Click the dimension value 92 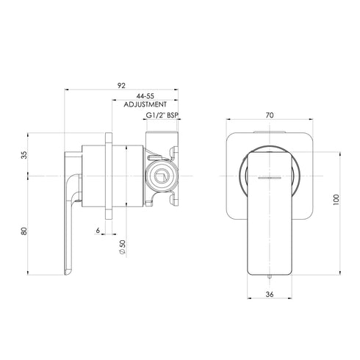(121, 84)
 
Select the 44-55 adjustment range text (144, 96)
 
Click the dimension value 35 (24, 154)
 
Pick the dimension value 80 (24, 231)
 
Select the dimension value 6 (97, 231)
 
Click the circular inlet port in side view (161, 178)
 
